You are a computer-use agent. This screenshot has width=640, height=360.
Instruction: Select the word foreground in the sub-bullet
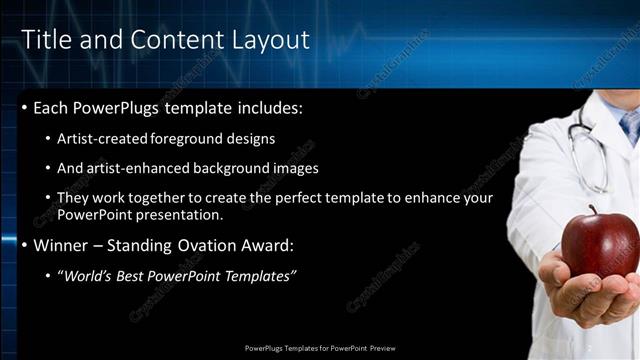[x=187, y=139]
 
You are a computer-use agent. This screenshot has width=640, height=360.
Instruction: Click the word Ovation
[x=208, y=245]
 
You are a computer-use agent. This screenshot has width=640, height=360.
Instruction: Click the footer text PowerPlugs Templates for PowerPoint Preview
[x=319, y=349]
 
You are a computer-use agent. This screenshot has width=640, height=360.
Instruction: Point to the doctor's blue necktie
[x=629, y=124]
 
